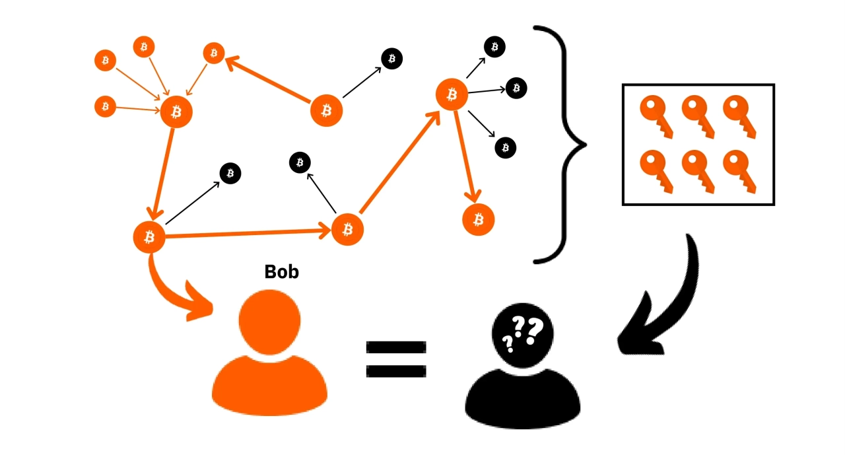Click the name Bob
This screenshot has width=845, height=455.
(281, 271)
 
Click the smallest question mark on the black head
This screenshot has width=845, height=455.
(508, 343)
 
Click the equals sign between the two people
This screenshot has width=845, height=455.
(396, 359)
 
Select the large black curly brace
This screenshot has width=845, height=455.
(561, 144)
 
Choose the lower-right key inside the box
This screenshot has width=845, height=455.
(739, 170)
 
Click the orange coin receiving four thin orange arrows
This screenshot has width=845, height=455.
(176, 112)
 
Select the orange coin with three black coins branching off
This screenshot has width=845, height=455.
(452, 94)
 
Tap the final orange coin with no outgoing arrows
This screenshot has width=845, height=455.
(479, 219)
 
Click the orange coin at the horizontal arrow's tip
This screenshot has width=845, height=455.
(347, 229)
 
